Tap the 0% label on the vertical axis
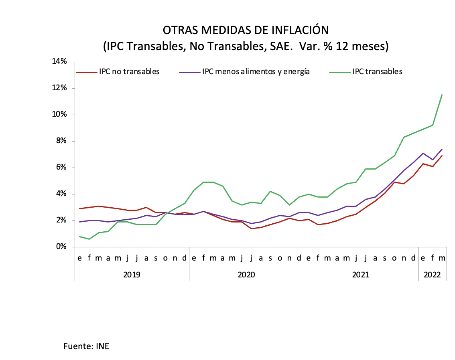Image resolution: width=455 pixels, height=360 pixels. point(61,247)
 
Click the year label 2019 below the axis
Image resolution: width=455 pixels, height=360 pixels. point(132,275)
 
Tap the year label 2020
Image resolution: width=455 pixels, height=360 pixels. point(246,275)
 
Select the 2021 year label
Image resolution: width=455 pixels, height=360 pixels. point(361,275)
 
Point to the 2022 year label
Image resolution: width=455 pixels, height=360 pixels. point(433,275)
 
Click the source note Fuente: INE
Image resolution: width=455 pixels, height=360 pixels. point(86,346)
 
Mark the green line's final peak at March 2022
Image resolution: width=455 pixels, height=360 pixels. point(442,95)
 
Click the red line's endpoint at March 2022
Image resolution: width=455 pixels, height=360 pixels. point(442,156)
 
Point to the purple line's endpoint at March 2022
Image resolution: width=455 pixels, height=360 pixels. point(442,149)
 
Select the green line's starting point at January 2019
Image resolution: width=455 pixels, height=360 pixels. point(79,237)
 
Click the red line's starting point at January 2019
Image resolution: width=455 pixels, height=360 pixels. point(79,208)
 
